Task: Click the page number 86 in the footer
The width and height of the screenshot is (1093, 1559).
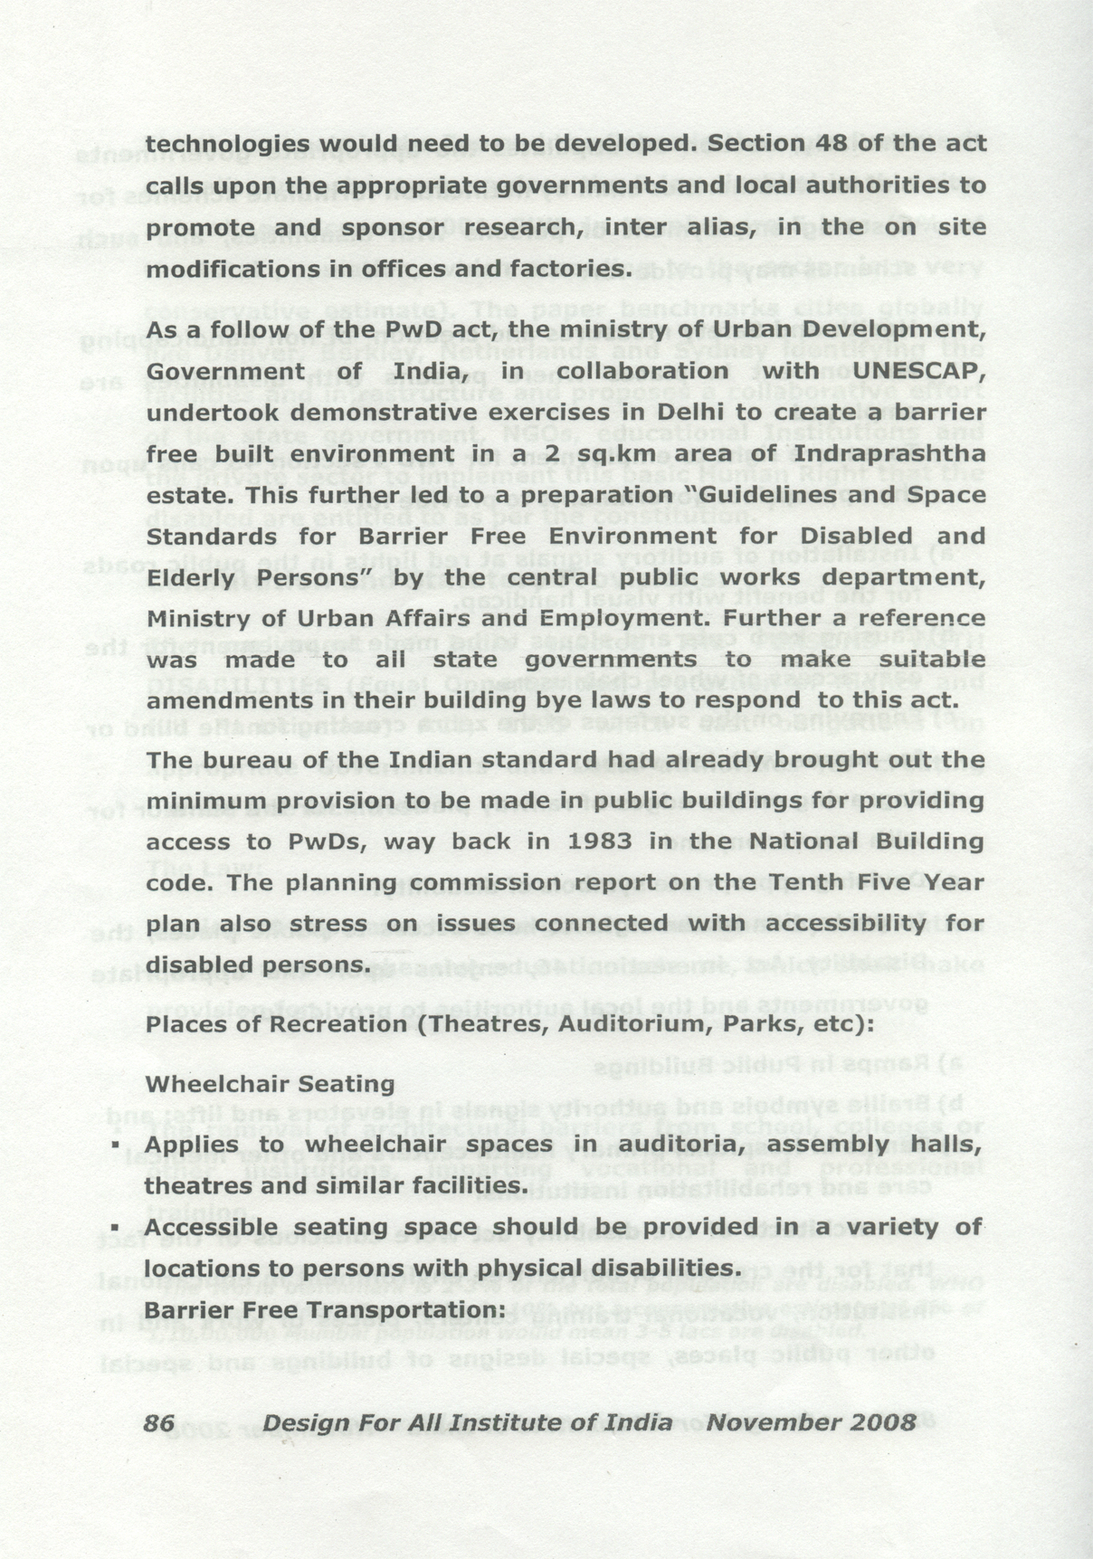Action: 159,1422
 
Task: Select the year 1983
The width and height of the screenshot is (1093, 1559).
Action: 600,841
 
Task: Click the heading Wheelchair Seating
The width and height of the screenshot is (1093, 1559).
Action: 271,1084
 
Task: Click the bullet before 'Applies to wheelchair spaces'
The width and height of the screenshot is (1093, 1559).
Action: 116,1145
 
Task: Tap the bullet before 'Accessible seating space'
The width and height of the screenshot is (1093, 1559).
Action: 116,1227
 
